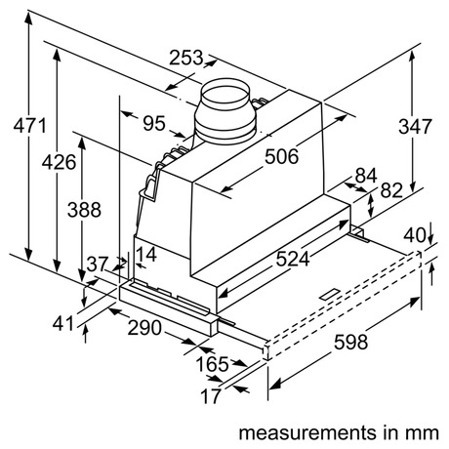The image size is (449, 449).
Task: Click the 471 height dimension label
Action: pyautogui.click(x=30, y=126)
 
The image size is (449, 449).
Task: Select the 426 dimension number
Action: pyautogui.click(x=59, y=162)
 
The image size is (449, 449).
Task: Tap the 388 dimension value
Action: pyautogui.click(x=84, y=210)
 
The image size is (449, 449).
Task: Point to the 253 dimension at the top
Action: pyautogui.click(x=186, y=58)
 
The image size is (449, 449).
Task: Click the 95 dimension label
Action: pyautogui.click(x=154, y=124)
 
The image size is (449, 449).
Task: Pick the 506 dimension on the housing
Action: pyautogui.click(x=281, y=156)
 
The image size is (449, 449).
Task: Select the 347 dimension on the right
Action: pyautogui.click(x=416, y=127)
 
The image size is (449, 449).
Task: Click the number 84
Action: pyautogui.click(x=366, y=176)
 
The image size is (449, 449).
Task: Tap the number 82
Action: pyautogui.click(x=391, y=190)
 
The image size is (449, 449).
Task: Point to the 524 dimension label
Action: pyautogui.click(x=293, y=260)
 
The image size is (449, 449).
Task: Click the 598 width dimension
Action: pyautogui.click(x=351, y=343)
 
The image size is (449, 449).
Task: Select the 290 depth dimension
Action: pyautogui.click(x=144, y=328)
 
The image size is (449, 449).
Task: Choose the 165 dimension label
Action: pyautogui.click(x=213, y=364)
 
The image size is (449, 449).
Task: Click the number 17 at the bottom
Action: pyautogui.click(x=211, y=396)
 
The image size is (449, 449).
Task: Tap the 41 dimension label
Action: pyautogui.click(x=63, y=324)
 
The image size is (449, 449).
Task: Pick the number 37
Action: pyautogui.click(x=98, y=265)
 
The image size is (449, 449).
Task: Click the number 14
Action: pyautogui.click(x=146, y=255)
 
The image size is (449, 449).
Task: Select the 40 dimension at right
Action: pyautogui.click(x=415, y=235)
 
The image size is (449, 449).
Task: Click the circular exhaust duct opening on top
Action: pyautogui.click(x=225, y=94)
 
